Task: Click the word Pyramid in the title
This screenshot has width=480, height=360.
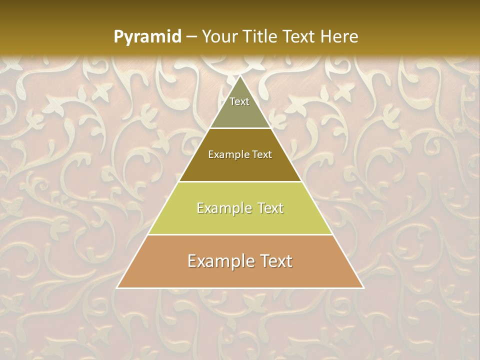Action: click(147, 37)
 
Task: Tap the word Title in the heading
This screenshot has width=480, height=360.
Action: click(262, 37)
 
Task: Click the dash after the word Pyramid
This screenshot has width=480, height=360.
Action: click(191, 37)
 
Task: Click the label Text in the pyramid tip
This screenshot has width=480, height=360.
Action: click(239, 101)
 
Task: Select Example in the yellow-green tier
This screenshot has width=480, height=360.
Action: click(223, 208)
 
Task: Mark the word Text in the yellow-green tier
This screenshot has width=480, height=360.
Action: click(268, 208)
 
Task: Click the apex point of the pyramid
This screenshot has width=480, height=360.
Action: click(240, 76)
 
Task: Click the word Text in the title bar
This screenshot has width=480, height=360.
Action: click(300, 37)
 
